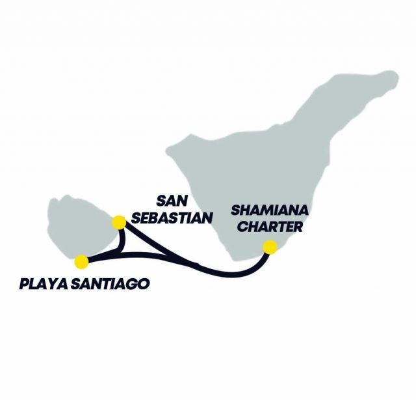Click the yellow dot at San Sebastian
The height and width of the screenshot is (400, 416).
(119, 222)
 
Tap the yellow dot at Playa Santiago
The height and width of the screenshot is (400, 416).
(81, 262)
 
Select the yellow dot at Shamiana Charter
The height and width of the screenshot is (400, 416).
(269, 247)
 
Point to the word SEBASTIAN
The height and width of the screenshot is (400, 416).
(172, 218)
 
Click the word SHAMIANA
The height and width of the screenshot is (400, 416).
(270, 212)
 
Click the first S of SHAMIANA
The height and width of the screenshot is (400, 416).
(235, 212)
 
